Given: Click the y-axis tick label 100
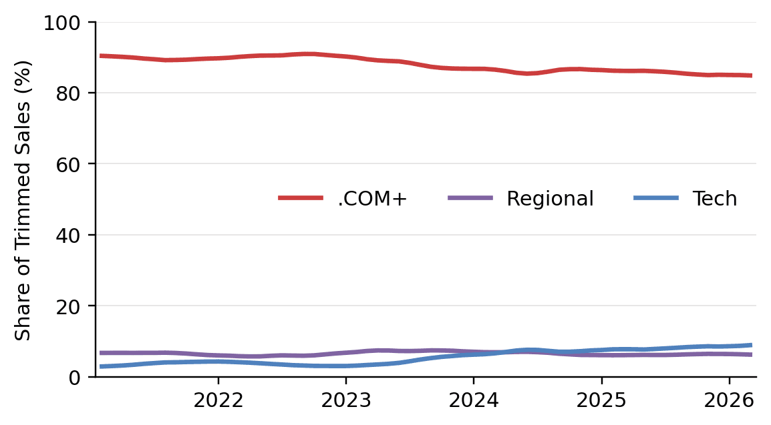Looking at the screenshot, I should (61, 23).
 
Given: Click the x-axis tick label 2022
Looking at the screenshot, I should (217, 401).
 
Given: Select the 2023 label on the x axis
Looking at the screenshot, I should (345, 401).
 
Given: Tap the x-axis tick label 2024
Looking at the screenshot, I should (473, 401).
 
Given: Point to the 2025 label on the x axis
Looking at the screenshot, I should (601, 401).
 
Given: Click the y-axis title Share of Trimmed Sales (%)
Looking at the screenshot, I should (24, 200).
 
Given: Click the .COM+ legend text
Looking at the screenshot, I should (372, 199).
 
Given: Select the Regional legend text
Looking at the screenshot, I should (550, 199).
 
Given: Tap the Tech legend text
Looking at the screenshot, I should (714, 199).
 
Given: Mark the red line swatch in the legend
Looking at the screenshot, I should (301, 198).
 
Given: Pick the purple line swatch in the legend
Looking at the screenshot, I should (470, 198).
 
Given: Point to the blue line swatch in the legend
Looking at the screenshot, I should (655, 198).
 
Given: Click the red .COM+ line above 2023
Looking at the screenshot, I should (345, 57).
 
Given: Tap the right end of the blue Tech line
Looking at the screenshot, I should (751, 345).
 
